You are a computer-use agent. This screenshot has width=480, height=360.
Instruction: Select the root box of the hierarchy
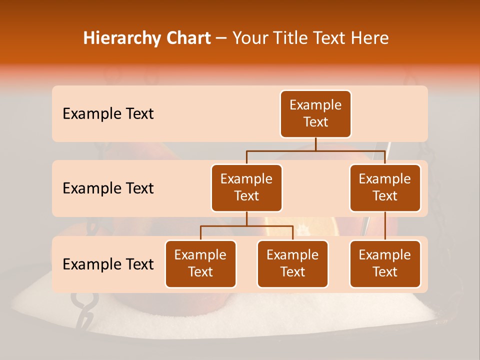(315, 114)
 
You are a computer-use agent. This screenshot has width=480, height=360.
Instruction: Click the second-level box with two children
(246, 188)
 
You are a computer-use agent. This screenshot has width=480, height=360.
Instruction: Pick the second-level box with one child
(385, 188)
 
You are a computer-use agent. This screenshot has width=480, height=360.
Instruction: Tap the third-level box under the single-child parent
(385, 264)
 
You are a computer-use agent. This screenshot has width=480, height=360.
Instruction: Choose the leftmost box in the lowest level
(200, 264)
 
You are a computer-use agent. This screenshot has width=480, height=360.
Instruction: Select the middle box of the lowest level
(292, 264)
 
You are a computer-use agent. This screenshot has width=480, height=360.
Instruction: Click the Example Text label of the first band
(108, 114)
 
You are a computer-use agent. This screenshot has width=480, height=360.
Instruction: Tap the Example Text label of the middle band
(108, 188)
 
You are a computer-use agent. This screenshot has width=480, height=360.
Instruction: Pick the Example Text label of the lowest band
(108, 264)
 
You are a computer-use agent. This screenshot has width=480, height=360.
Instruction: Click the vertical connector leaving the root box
(315, 144)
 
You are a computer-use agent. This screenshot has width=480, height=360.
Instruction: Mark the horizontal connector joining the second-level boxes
(315, 150)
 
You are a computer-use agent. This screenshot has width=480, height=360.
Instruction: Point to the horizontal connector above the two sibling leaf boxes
(246, 226)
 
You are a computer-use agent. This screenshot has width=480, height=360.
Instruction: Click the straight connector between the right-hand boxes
(385, 226)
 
